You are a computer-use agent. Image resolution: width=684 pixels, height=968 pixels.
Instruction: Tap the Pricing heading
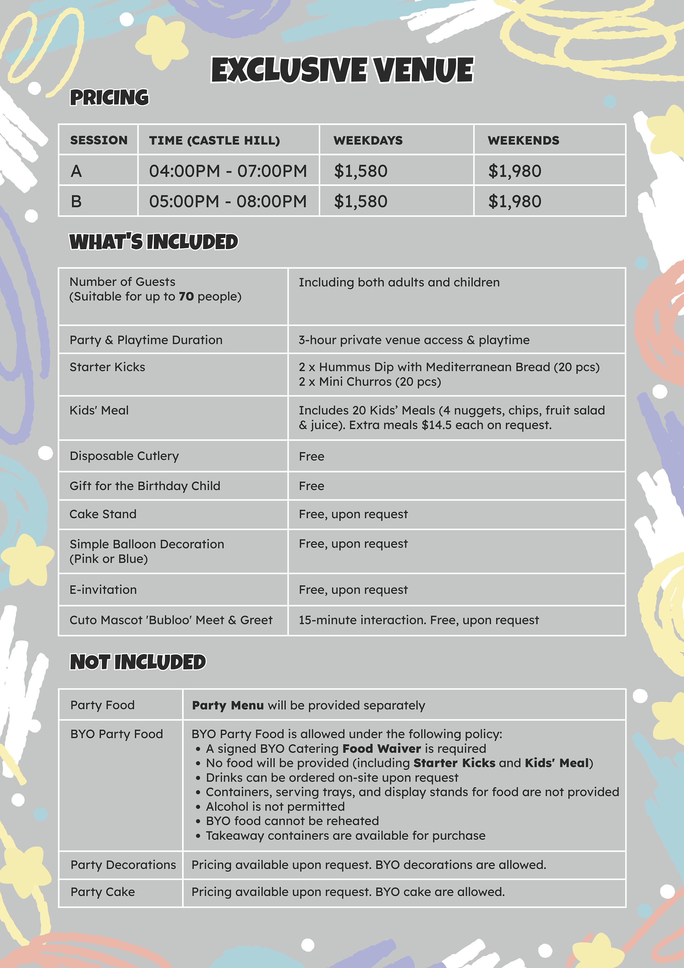tap(109, 97)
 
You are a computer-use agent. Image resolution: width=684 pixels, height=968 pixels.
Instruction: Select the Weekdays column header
tap(368, 140)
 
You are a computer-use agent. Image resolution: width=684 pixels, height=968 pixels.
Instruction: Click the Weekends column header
tap(523, 140)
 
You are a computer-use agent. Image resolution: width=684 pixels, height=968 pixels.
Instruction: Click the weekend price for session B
tap(514, 201)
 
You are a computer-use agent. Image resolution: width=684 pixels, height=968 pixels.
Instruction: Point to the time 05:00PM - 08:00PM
tap(228, 201)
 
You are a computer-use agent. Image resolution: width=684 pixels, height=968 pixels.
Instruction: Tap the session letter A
tap(76, 171)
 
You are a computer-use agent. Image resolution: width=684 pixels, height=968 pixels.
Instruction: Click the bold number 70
tap(186, 297)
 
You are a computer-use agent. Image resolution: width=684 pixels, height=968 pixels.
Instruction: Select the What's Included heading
tap(154, 242)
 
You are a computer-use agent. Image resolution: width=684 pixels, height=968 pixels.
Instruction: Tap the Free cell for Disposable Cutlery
tap(311, 456)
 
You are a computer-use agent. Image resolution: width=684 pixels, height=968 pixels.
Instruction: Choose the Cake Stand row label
tap(103, 514)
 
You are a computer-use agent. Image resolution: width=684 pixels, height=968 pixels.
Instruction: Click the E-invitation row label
tap(103, 589)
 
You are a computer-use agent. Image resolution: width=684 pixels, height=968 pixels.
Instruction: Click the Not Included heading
tap(138, 662)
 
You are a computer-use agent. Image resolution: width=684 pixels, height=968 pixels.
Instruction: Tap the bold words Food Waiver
tap(382, 748)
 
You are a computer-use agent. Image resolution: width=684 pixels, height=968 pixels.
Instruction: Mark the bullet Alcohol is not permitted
tap(275, 807)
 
